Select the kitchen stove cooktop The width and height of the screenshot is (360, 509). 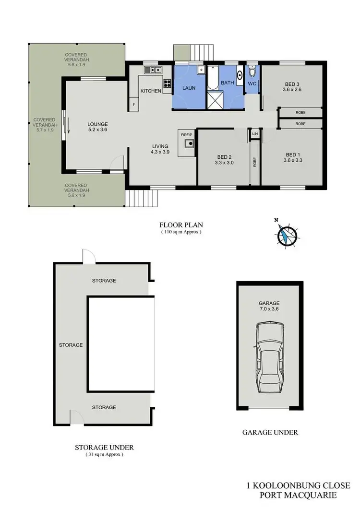click(x=168, y=83)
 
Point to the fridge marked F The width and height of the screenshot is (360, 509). click(x=134, y=104)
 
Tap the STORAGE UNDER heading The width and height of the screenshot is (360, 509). click(x=104, y=447)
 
